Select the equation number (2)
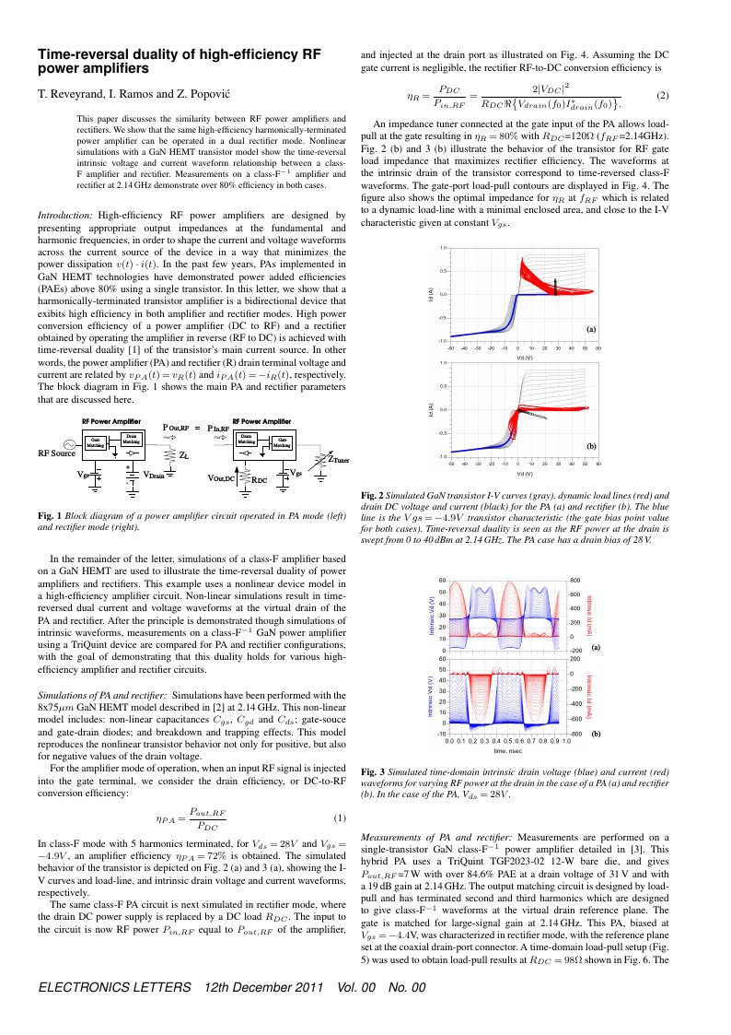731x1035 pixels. coord(662,96)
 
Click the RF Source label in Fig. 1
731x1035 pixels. coord(56,453)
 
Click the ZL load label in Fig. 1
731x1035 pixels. coord(184,455)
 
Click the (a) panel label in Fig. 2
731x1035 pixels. coord(592,329)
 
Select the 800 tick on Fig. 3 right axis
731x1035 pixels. coord(574,581)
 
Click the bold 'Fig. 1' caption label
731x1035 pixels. coord(49,514)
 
